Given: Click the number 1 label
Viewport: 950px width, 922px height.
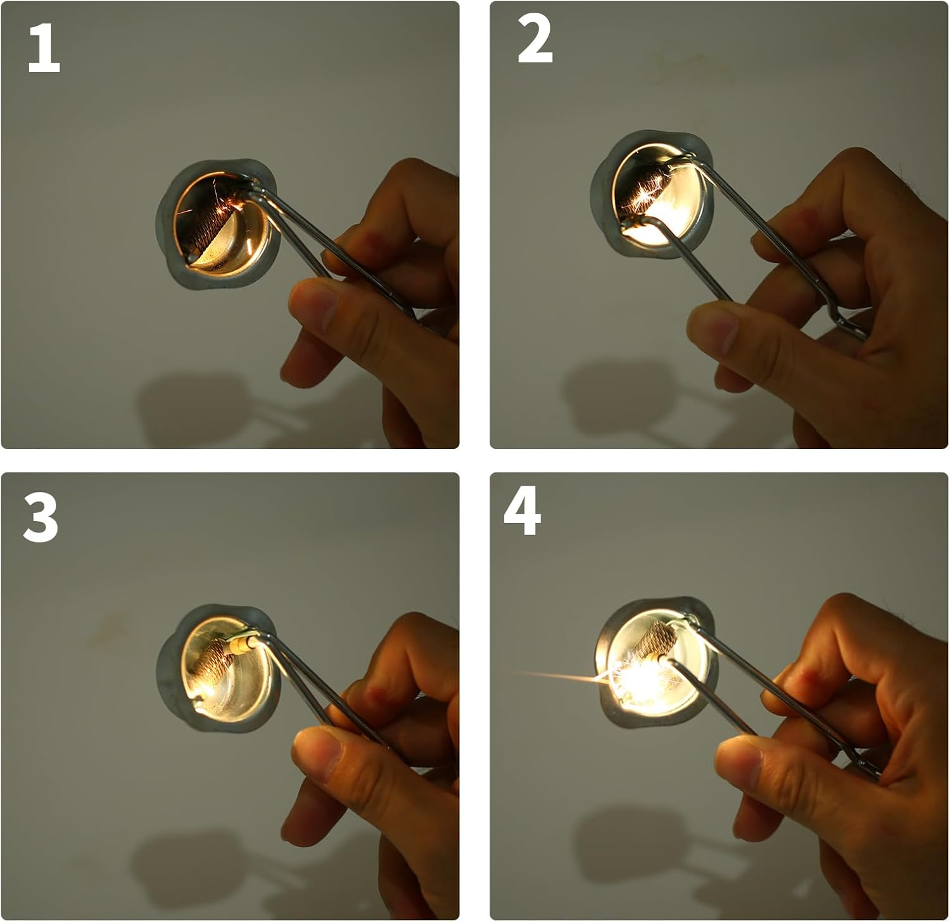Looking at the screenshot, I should pyautogui.click(x=44, y=49).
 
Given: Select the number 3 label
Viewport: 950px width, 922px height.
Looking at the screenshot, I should pyautogui.click(x=40, y=517).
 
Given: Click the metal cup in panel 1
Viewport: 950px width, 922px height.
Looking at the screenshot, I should pyautogui.click(x=218, y=225).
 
